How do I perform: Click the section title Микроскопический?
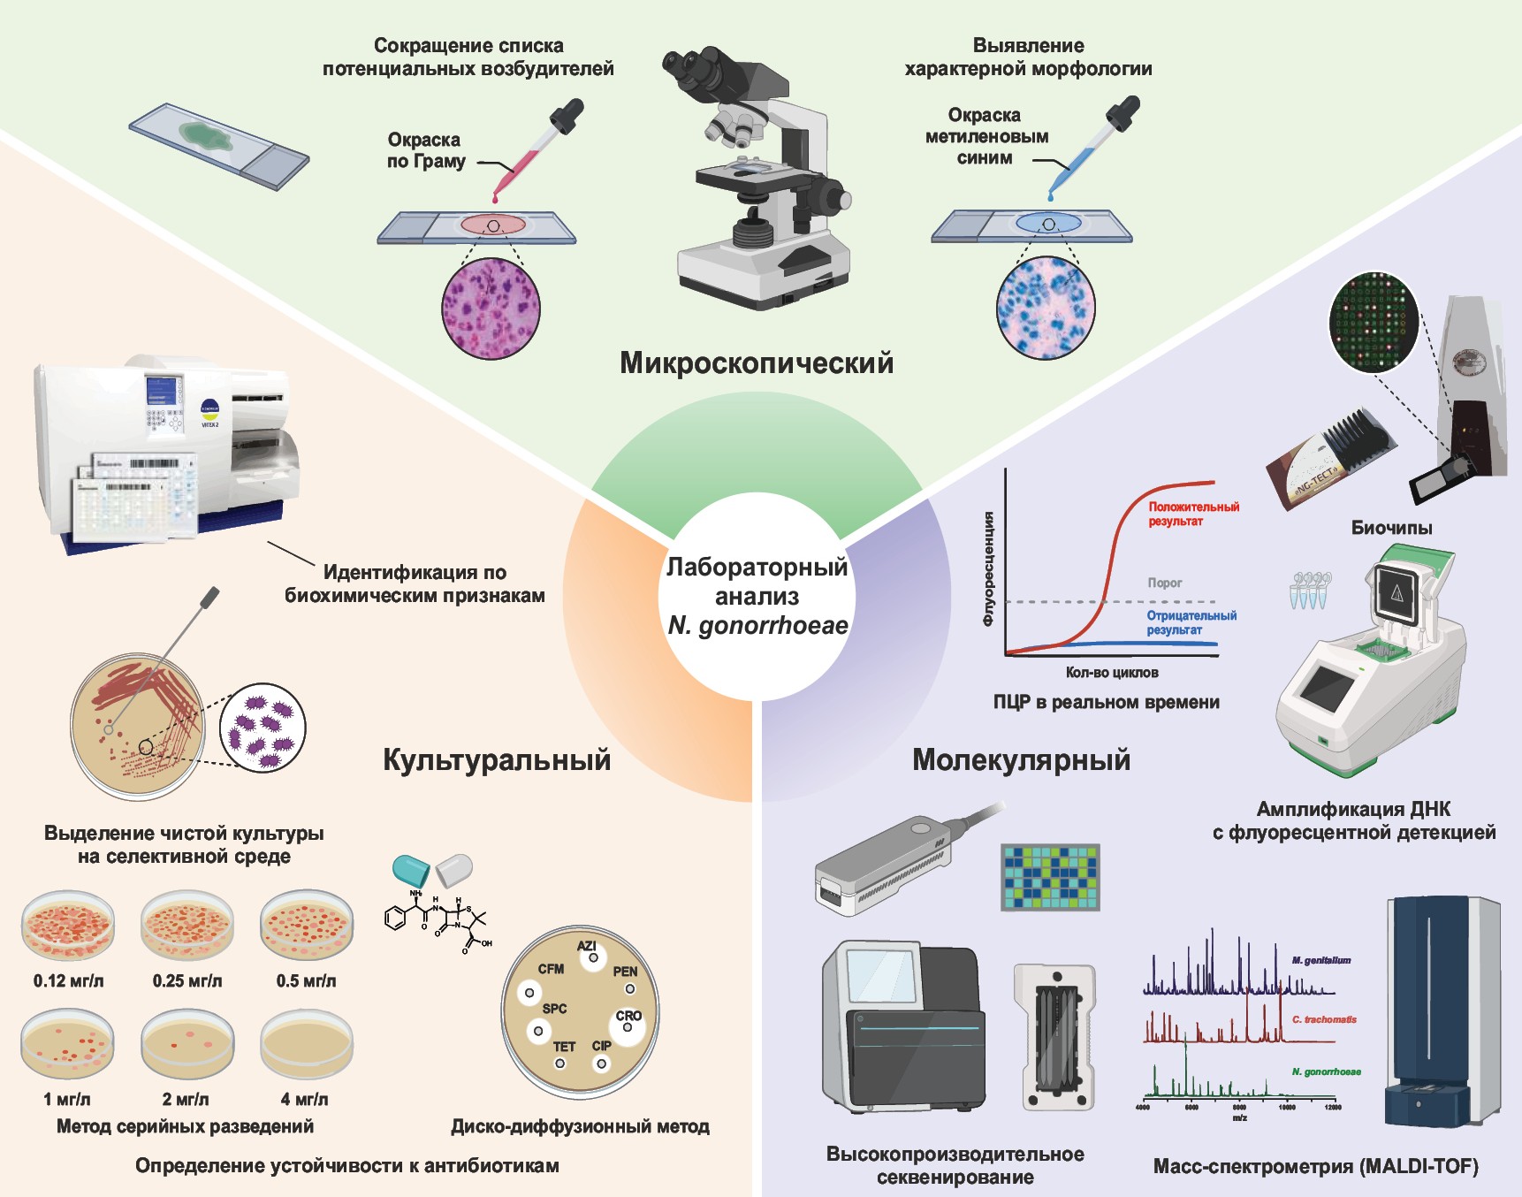756,363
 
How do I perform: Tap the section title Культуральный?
497,760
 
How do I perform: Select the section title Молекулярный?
1021,760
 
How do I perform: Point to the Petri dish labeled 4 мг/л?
306,1044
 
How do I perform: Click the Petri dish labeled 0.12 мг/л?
68,924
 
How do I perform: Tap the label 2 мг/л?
186,1100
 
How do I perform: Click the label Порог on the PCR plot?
1164,583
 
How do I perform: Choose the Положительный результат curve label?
1193,514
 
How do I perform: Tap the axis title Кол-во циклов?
1111,673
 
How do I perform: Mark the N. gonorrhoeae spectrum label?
1326,1072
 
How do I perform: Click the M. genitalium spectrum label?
1320,960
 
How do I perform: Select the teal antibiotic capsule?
411,870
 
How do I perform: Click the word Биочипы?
1391,528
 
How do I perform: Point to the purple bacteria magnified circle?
263,728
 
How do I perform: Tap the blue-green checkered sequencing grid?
1050,877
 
